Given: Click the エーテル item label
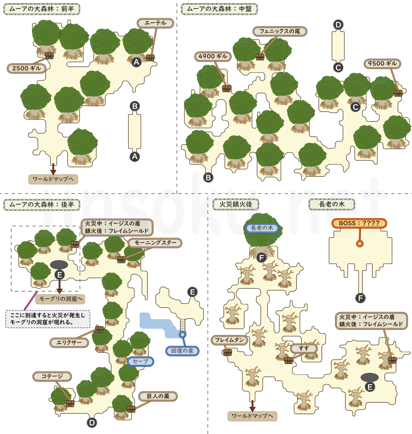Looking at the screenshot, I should [155, 23].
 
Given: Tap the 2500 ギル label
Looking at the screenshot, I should [26, 68].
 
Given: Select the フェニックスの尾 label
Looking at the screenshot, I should [280, 31].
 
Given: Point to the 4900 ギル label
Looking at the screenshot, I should [213, 56].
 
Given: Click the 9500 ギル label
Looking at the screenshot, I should [382, 64].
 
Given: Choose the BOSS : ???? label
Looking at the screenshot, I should [359, 223].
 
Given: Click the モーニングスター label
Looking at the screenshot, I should [155, 243].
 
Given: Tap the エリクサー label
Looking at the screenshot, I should [69, 342].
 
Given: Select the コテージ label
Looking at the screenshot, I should [52, 376].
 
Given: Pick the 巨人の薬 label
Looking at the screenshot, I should [158, 396].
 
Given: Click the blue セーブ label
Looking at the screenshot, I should [140, 361].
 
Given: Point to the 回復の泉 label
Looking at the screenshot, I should [182, 351].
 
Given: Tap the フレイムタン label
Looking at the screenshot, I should [229, 340].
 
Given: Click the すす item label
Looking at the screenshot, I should [304, 349].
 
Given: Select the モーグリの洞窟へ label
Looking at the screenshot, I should [61, 299].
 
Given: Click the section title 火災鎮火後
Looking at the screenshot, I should [236, 204].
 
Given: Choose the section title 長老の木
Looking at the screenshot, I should [332, 204].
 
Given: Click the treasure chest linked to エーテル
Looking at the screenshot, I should [150, 58].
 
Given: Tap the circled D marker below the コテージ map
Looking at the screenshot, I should [92, 423].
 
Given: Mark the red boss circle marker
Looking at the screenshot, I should [360, 244].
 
